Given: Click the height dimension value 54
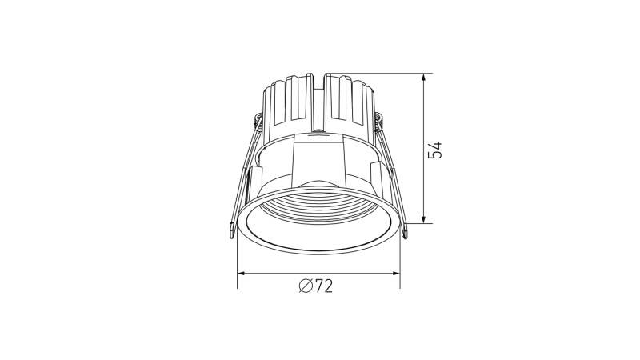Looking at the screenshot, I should [436, 149].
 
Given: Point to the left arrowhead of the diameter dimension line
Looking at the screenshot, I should [242, 274].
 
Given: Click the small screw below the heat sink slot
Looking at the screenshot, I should [318, 128].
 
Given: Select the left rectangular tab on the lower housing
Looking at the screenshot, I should [258, 180].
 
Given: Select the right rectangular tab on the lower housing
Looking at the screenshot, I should [377, 178].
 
